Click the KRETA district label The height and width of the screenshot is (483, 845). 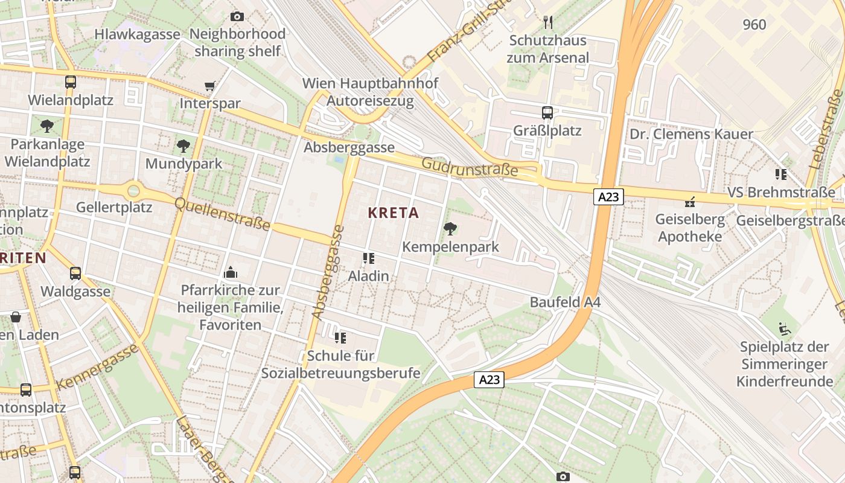393,213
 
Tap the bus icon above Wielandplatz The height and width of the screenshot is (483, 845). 71,82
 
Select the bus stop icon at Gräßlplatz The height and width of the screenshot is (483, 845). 547,113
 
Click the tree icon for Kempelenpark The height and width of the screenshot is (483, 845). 450,228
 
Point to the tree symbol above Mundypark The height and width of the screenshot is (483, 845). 183,146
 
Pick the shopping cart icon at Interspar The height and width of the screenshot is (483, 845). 209,86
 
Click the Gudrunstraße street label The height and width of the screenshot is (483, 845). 469,167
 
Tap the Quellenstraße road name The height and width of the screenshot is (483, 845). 222,214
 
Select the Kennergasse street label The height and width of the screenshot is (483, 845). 97,366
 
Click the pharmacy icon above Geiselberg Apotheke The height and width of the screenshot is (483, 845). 689,202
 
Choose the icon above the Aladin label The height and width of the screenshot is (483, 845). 368,258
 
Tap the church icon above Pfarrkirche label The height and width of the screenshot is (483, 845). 231,273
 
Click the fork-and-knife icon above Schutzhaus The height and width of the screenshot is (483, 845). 547,23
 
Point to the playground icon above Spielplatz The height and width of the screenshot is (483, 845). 785,329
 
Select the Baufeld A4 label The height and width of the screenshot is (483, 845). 565,302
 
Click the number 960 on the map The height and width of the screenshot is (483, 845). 754,25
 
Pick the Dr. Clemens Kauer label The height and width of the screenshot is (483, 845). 691,134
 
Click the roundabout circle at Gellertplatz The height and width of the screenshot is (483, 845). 133,191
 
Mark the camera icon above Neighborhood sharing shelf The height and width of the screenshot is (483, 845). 237,16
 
